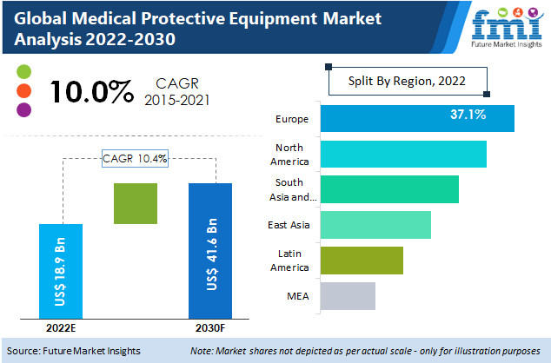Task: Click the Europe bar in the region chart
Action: (x=417, y=118)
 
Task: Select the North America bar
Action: (x=403, y=154)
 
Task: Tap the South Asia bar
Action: (x=389, y=189)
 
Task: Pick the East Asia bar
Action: (x=375, y=225)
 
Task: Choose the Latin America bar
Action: (x=362, y=260)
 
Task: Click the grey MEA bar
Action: (x=348, y=295)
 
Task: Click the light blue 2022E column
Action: (x=62, y=271)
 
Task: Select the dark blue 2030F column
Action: (x=210, y=250)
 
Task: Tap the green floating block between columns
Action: (x=136, y=204)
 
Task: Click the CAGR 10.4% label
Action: (x=136, y=158)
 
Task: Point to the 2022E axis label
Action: (x=62, y=327)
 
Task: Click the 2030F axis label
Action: (x=210, y=327)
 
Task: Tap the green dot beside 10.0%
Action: (x=23, y=70)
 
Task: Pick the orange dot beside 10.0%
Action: (x=23, y=89)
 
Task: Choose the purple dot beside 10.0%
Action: (x=23, y=109)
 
